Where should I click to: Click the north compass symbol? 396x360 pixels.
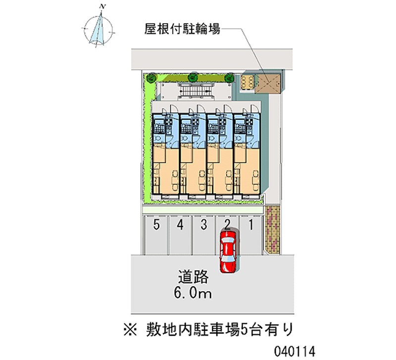click(x=98, y=29)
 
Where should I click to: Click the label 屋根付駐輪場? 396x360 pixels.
click(x=182, y=29)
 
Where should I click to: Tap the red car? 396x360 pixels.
click(x=228, y=252)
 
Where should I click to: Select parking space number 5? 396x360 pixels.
click(x=156, y=235)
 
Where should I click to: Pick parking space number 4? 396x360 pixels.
click(x=180, y=235)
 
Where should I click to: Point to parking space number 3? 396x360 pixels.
click(x=203, y=235)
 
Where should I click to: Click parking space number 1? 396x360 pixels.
click(x=251, y=235)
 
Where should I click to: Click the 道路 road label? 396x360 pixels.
click(x=193, y=277)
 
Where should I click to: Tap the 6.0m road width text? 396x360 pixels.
click(x=193, y=293)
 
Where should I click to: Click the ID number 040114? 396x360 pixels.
click(x=295, y=351)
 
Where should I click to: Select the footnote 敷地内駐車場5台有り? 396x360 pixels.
click(x=208, y=329)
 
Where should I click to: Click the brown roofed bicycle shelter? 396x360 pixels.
click(x=268, y=84)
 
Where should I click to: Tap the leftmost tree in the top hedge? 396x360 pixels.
click(x=151, y=77)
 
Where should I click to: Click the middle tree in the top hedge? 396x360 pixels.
click(x=193, y=77)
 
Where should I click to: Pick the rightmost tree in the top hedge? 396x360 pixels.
click(x=230, y=78)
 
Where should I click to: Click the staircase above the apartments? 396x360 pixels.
click(x=195, y=91)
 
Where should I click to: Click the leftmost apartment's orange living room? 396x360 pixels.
click(x=166, y=170)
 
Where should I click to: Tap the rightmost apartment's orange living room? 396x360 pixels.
click(x=247, y=170)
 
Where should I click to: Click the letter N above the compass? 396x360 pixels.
click(x=102, y=7)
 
